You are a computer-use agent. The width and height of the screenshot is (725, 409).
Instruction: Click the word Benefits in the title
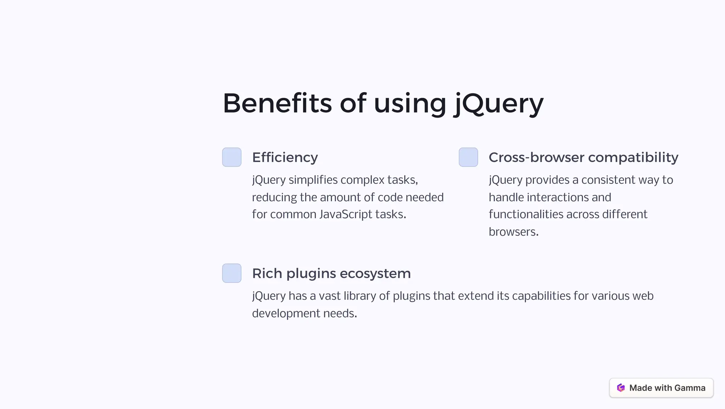[x=277, y=103]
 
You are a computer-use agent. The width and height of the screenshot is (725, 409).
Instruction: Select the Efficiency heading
[x=285, y=157]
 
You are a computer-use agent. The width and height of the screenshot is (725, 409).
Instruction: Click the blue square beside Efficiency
[x=232, y=157]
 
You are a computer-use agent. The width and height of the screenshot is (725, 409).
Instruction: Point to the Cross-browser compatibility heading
[x=583, y=157]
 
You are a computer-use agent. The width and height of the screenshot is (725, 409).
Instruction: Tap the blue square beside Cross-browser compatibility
[x=468, y=157]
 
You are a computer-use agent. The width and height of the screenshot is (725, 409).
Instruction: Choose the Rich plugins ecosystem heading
[x=331, y=274]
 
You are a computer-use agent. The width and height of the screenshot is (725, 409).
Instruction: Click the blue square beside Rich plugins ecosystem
[x=232, y=273]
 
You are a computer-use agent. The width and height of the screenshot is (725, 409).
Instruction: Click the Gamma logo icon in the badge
[x=621, y=388]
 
